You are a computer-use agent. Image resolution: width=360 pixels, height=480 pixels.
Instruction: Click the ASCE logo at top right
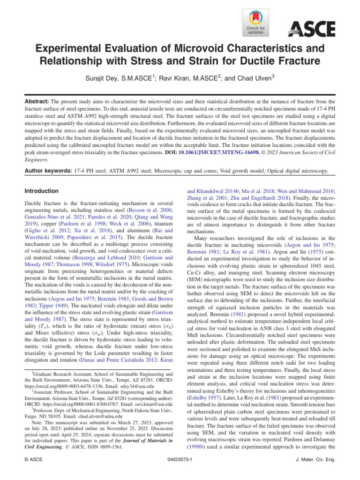[x=312, y=29]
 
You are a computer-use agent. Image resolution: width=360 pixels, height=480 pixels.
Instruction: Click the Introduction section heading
[x=42, y=191]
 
